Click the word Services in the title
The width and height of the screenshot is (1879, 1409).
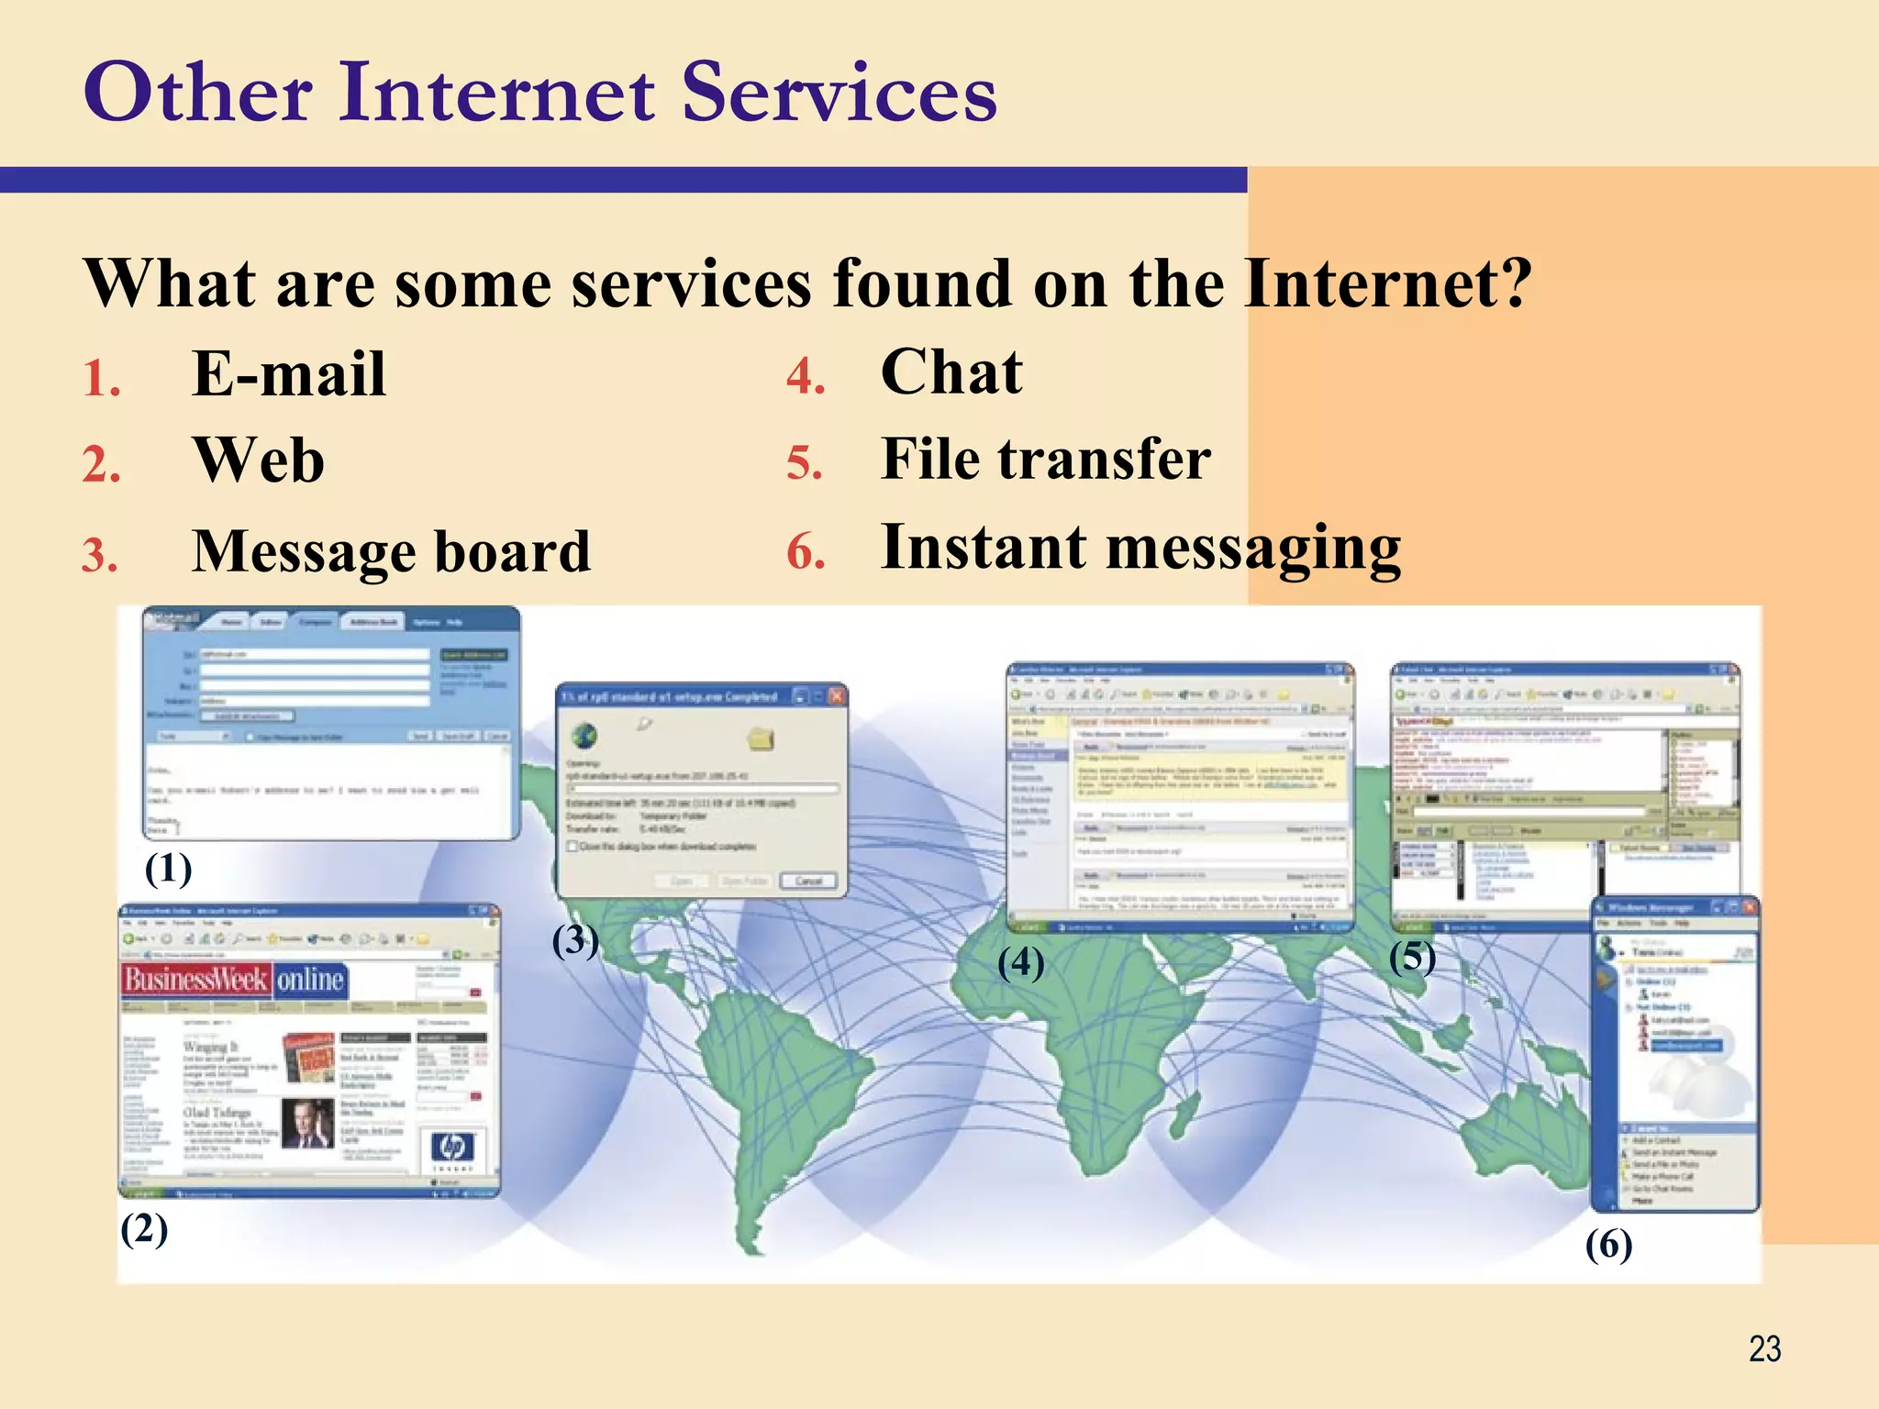coord(839,94)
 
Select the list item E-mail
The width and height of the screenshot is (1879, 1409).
coord(289,374)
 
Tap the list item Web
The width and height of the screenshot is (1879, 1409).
coord(259,460)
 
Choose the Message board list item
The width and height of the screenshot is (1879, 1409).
coord(391,552)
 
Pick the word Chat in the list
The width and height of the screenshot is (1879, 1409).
coord(951,372)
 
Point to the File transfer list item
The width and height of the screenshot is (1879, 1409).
coord(1045,459)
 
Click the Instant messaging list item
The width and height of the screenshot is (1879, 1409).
coord(1140,548)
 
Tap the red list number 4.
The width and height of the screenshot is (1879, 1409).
coord(806,377)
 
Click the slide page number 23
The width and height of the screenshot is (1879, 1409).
coord(1764,1349)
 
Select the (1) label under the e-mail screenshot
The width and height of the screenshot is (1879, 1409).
coord(168,869)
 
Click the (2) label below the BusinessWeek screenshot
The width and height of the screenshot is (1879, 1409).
coord(144,1229)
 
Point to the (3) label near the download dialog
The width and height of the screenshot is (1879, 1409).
coord(575,941)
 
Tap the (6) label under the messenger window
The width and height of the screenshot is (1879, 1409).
coord(1608,1246)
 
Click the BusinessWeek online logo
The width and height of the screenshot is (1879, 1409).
coord(235,981)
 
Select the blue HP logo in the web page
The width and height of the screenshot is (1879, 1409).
coord(452,1147)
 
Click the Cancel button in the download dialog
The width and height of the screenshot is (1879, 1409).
coord(808,881)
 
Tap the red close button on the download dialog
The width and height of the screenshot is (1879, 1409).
coord(837,696)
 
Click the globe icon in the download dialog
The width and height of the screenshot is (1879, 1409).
coord(584,736)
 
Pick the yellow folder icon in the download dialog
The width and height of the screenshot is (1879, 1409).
coord(761,738)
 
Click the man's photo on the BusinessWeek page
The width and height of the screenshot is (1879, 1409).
coord(306,1123)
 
